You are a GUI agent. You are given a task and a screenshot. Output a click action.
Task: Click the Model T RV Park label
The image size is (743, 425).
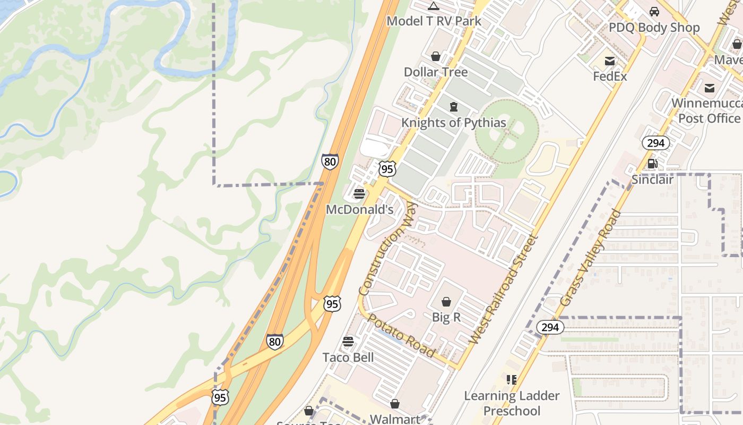(434, 21)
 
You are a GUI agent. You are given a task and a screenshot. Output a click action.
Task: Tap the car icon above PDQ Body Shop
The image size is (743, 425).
(654, 12)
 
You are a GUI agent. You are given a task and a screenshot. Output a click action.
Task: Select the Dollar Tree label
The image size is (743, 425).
(436, 72)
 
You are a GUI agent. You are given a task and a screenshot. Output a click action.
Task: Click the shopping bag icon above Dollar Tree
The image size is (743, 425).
(436, 56)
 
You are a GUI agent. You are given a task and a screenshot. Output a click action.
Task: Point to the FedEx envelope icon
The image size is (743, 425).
(610, 61)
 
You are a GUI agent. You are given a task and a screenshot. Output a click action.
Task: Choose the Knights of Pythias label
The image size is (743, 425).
(453, 123)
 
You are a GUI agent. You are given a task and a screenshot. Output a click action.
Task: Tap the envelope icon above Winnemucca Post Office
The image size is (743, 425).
(710, 88)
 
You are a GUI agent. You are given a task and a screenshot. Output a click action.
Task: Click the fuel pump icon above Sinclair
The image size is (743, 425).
(653, 164)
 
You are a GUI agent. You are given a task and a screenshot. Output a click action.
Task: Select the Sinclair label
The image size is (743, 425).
(652, 180)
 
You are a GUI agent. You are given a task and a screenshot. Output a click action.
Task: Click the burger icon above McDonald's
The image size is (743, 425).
(359, 194)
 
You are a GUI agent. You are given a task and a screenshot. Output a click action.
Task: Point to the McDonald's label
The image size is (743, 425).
(359, 210)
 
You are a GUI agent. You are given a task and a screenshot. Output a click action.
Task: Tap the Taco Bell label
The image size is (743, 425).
(348, 358)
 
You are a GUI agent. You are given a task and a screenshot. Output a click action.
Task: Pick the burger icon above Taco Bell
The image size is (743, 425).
(348, 342)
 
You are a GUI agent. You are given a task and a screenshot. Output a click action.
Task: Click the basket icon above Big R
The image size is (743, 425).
(446, 302)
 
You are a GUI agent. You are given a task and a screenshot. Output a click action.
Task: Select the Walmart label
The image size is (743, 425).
(394, 419)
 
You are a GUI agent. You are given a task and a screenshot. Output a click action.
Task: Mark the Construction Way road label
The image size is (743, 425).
(388, 249)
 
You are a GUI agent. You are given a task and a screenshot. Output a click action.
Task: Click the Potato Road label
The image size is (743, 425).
(401, 336)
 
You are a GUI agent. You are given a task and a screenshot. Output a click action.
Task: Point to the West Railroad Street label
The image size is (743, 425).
(504, 290)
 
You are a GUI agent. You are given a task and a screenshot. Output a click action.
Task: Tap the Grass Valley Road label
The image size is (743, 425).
(590, 258)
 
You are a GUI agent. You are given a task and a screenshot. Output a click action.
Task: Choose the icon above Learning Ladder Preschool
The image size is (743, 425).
(512, 380)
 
